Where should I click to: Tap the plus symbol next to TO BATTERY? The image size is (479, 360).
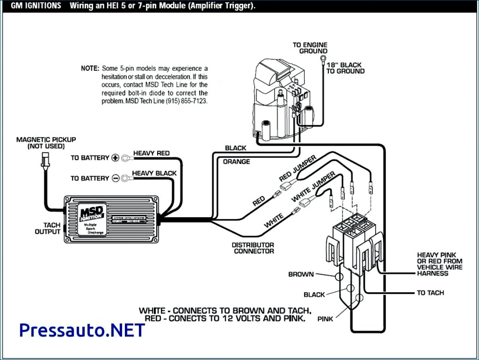pyautogui.click(x=115, y=158)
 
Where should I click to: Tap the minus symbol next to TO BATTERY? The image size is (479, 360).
pyautogui.click(x=115, y=178)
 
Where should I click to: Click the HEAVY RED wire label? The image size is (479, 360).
pyautogui.click(x=151, y=153)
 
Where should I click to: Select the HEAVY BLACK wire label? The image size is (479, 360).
pyautogui.click(x=154, y=173)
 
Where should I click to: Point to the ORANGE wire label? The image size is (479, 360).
pyautogui.click(x=237, y=162)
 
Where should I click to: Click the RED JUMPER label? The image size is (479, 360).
pyautogui.click(x=297, y=168)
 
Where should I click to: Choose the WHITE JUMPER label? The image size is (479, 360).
pyautogui.click(x=314, y=187)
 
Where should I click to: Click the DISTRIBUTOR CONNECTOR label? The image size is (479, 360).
pyautogui.click(x=253, y=248)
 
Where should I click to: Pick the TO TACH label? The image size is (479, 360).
pyautogui.click(x=430, y=293)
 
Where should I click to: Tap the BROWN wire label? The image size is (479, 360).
pyautogui.click(x=301, y=274)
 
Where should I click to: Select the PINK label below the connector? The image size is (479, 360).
pyautogui.click(x=325, y=319)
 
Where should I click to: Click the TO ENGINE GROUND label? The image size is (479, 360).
pyautogui.click(x=310, y=48)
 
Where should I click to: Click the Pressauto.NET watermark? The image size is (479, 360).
pyautogui.click(x=82, y=330)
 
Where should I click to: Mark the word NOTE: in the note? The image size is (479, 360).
pyautogui.click(x=90, y=68)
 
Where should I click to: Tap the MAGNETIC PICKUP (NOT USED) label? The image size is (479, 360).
pyautogui.click(x=46, y=143)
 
